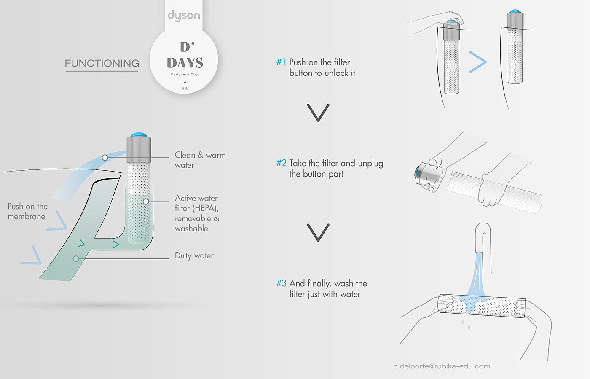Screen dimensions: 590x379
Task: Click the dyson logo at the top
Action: point(184,16)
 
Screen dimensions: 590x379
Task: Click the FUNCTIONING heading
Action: point(102,63)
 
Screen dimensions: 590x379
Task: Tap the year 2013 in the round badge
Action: point(185,89)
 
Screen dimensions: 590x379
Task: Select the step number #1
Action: point(281,62)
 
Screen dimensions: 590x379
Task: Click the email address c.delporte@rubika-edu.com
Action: point(442,366)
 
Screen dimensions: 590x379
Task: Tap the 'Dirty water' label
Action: point(194,255)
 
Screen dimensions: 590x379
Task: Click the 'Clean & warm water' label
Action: point(200,160)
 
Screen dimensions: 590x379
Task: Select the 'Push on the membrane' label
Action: point(28,211)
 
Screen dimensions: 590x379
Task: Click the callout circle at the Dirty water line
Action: point(76,259)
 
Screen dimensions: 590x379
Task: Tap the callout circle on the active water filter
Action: point(146,202)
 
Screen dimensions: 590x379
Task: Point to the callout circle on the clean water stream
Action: point(105,158)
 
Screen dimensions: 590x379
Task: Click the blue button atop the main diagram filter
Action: point(139,134)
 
